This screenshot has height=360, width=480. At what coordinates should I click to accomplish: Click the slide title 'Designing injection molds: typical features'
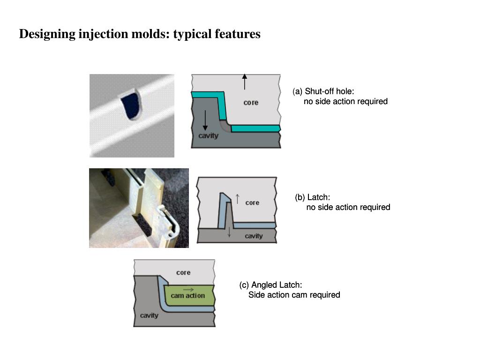(140, 34)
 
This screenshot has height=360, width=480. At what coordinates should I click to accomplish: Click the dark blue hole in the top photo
(131, 106)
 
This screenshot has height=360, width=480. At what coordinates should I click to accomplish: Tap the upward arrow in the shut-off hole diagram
(245, 82)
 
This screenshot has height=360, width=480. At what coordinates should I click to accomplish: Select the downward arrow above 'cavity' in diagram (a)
(205, 120)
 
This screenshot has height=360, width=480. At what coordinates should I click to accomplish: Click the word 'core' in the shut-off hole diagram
(251, 102)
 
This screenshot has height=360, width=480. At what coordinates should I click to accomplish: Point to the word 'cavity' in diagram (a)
(208, 136)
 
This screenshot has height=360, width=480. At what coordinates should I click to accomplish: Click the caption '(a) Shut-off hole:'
(323, 91)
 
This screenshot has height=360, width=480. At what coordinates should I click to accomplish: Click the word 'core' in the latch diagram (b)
(252, 202)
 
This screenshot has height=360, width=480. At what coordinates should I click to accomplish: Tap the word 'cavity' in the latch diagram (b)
(254, 236)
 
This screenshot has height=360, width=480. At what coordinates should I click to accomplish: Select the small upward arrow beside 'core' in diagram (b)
(238, 199)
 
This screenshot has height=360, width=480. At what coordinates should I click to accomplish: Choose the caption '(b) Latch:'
(312, 197)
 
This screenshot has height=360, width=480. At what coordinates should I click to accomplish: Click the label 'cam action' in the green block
(187, 296)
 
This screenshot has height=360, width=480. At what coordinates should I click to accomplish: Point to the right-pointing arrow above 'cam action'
(188, 290)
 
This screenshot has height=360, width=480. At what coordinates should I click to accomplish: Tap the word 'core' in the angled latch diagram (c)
(183, 272)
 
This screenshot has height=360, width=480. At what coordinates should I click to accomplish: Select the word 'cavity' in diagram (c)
(149, 315)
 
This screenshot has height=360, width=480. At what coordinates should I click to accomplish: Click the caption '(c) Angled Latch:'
(270, 285)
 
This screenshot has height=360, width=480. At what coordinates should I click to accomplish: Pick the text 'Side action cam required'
(294, 295)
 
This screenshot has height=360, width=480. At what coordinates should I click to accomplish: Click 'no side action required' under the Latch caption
(348, 207)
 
